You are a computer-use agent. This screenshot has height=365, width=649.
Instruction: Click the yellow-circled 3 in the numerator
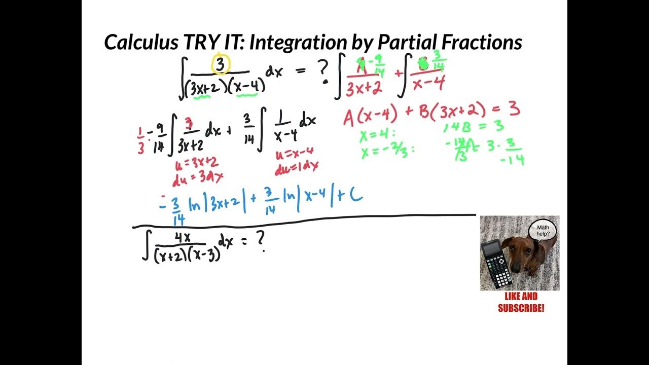[x=221, y=64]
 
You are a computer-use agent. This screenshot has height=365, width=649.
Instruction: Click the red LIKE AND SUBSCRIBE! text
[x=521, y=302]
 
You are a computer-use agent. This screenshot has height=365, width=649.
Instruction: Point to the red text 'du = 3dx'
[x=199, y=177]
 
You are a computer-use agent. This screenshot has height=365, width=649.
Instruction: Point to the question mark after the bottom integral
[x=261, y=243]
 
